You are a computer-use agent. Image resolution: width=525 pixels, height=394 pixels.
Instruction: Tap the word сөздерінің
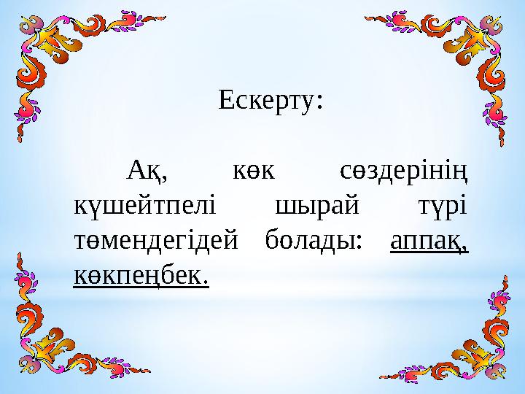coord(403,174)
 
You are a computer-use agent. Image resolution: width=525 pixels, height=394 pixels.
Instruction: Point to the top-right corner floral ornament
coord(467,51)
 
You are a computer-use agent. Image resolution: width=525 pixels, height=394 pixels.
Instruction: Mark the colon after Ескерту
coord(319,104)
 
